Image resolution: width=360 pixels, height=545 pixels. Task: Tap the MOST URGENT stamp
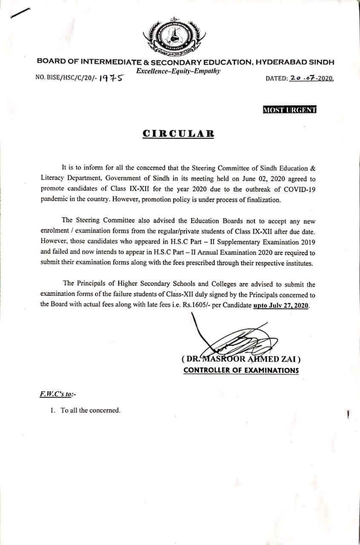click(289, 110)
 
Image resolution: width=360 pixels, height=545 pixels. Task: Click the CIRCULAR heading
click(178, 133)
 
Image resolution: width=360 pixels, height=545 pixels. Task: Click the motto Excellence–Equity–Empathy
click(178, 71)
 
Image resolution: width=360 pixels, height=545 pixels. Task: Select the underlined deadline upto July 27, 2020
click(281, 306)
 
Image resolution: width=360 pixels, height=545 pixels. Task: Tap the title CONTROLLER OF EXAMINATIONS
click(241, 370)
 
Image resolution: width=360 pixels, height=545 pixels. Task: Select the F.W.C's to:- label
click(55, 395)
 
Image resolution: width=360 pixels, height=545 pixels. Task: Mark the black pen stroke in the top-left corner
click(20, 13)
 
